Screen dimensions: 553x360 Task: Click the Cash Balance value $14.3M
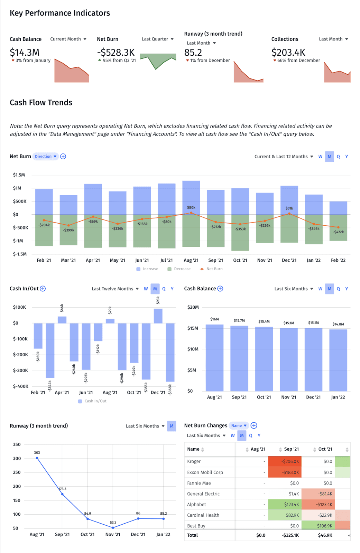click(25, 53)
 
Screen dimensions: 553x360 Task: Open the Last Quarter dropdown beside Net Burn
click(157, 39)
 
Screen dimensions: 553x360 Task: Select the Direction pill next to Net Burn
click(45, 157)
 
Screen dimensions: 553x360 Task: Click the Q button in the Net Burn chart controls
click(338, 157)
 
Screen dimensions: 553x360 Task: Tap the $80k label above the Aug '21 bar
click(191, 208)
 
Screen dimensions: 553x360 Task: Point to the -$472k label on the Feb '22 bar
click(338, 232)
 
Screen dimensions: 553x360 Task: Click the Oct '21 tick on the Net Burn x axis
click(240, 260)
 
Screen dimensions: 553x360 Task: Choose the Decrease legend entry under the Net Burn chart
click(179, 269)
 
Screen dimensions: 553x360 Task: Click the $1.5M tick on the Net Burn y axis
click(19, 175)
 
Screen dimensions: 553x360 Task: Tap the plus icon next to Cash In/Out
click(43, 289)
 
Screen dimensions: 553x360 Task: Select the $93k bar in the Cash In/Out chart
click(158, 316)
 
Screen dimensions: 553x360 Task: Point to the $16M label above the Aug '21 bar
click(214, 319)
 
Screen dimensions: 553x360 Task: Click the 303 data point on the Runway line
click(37, 458)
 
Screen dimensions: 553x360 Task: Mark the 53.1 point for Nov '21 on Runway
click(113, 527)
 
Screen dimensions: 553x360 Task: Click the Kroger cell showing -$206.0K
click(285, 461)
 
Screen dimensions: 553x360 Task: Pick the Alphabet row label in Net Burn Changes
click(196, 505)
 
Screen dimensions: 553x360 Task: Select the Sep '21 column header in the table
click(291, 449)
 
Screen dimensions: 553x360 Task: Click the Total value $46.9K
click(325, 535)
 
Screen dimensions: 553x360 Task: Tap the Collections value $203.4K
click(288, 53)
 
